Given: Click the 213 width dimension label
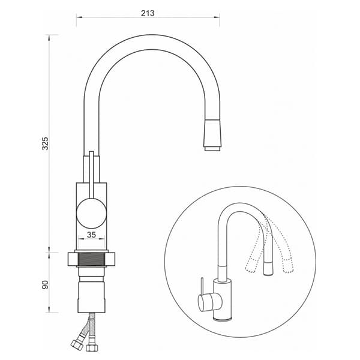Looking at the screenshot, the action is click(x=148, y=13).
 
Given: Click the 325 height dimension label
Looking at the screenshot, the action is click(x=45, y=143).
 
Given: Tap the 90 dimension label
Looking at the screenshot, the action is click(x=45, y=284).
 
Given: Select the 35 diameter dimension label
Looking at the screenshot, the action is click(x=91, y=235).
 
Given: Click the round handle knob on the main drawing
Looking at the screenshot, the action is click(x=91, y=213).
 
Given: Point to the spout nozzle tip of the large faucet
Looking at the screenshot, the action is click(x=213, y=149).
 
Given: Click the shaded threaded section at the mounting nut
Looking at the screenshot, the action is click(x=91, y=259).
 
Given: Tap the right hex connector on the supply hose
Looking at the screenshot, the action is click(x=92, y=347).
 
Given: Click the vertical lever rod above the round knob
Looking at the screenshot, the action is click(x=92, y=174).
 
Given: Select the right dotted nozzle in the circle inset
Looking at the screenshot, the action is click(x=288, y=266).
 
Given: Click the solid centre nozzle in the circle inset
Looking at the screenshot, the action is click(x=268, y=268).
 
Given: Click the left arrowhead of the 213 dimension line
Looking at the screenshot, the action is click(x=79, y=17).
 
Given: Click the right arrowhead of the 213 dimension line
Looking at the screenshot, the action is click(x=217, y=17).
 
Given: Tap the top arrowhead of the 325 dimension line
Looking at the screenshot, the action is click(x=49, y=38).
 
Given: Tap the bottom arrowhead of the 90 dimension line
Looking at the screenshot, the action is click(x=49, y=309).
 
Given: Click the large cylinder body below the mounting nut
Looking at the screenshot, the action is click(x=92, y=298).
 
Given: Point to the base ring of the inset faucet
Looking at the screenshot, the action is click(x=222, y=319).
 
